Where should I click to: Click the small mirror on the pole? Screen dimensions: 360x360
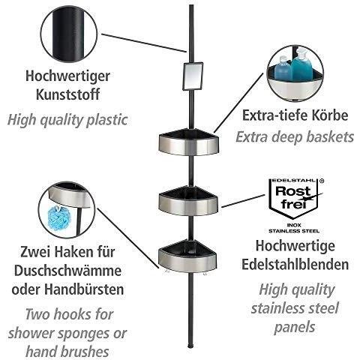tap(193, 76)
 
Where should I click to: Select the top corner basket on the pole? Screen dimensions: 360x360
tap(189, 142)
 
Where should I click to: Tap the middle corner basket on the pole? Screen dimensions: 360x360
tap(188, 201)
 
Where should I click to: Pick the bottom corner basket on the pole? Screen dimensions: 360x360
tap(187, 256)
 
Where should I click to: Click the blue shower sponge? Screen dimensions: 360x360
tap(58, 217)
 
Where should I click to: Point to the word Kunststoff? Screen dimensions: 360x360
tap(67, 94)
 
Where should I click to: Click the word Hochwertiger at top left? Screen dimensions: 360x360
tap(67, 76)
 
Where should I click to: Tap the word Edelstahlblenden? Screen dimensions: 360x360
tap(295, 265)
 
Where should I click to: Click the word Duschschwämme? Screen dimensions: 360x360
tap(67, 271)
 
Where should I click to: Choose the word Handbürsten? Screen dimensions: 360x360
tap(84, 289)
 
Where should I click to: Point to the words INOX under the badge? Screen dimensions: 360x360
tap(294, 225)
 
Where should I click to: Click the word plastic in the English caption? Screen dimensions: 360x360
tap(106, 120)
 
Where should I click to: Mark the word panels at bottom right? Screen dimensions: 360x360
tap(295, 328)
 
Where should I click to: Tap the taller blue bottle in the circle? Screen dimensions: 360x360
tap(301, 64)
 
